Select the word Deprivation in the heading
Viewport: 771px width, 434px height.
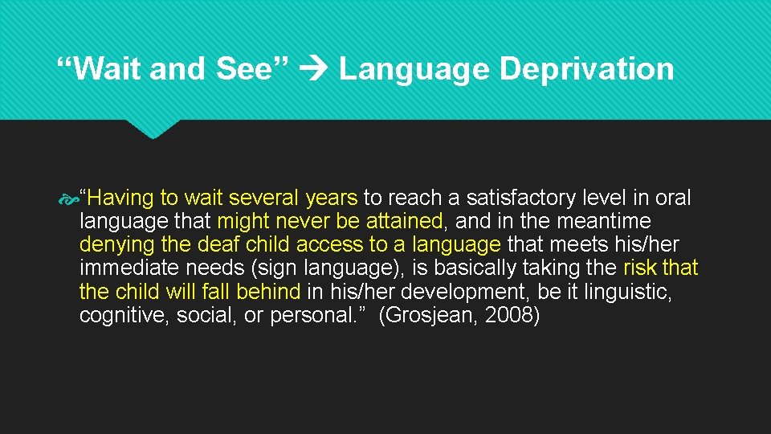coord(586,69)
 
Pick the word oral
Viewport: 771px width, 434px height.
coord(672,198)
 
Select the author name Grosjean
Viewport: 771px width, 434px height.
coord(433,315)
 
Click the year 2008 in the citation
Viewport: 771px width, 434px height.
coord(512,315)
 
